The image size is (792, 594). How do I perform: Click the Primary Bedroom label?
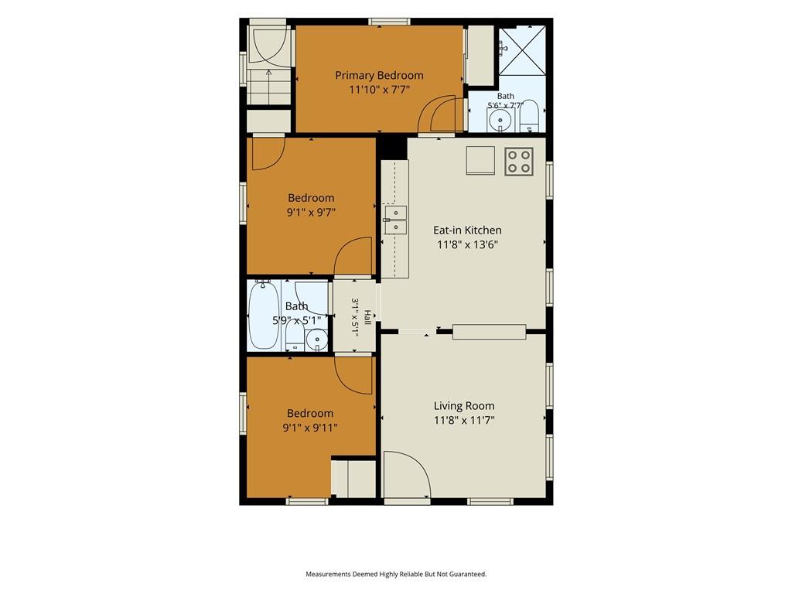379,75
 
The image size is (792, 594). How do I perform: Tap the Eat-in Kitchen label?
467,230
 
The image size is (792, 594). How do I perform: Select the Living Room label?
464,405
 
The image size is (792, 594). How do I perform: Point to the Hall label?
367,318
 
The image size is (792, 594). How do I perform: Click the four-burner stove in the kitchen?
519,162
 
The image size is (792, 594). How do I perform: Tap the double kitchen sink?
395,220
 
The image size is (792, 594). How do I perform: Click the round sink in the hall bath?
317,340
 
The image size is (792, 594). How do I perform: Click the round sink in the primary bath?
500,120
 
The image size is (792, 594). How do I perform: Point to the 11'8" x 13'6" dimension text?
467,245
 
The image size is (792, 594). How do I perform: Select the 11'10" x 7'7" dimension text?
379,90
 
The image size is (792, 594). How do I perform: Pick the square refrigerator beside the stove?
480,161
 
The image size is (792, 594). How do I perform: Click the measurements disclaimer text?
396,574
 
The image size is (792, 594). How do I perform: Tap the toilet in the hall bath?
295,336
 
